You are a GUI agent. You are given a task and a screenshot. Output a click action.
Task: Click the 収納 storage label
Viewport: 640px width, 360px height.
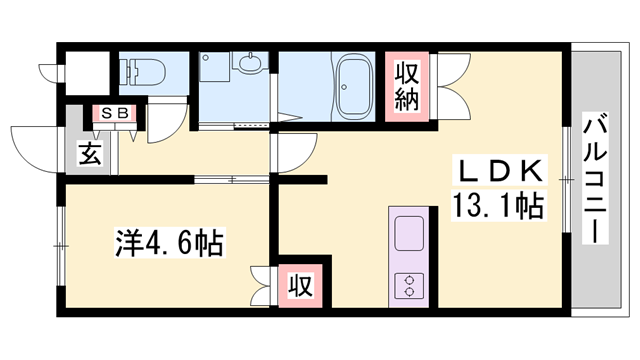click(406, 86)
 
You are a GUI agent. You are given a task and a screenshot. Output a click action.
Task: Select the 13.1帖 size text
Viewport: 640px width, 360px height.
click(499, 208)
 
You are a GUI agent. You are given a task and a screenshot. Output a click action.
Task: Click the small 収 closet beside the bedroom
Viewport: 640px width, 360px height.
click(299, 286)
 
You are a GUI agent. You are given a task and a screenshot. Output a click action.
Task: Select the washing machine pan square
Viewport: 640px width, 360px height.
click(215, 71)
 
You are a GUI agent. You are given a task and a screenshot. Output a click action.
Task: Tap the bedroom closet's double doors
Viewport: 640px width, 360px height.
click(264, 284)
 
